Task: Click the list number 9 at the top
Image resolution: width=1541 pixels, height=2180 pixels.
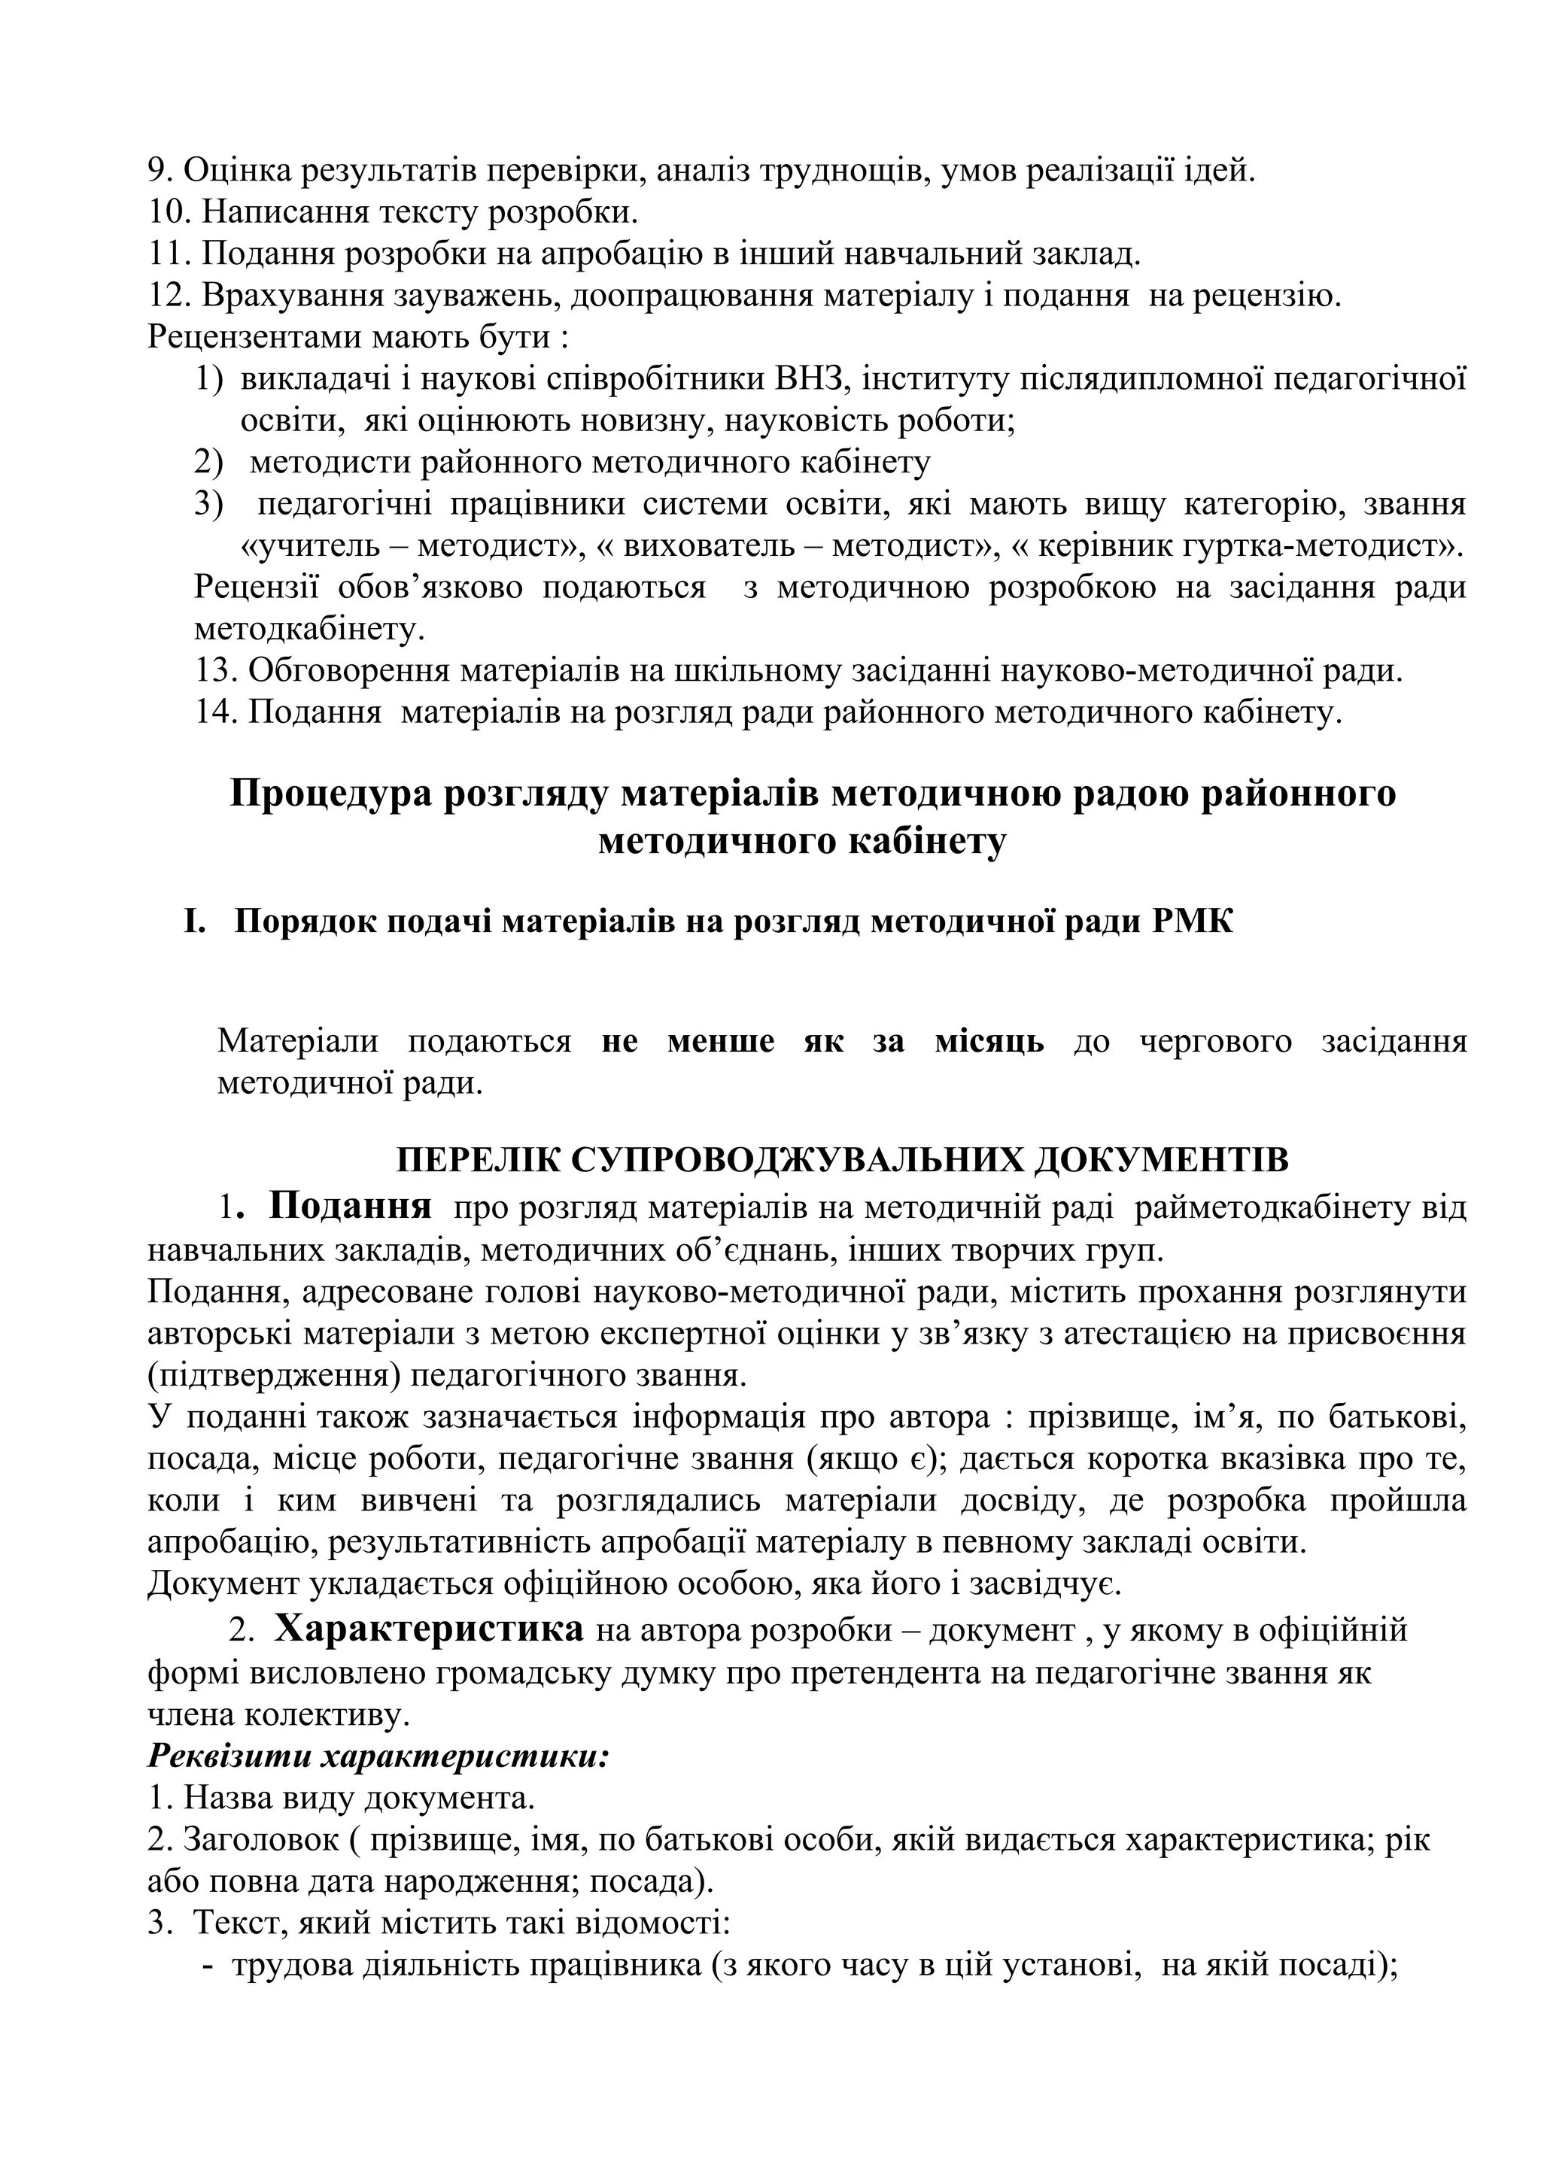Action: coord(157,171)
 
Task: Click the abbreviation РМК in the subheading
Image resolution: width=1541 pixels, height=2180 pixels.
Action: coord(1193,921)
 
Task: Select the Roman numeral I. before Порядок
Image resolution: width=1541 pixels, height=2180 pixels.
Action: coord(195,921)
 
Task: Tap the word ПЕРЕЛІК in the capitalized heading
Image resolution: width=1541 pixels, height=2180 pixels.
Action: coord(479,1160)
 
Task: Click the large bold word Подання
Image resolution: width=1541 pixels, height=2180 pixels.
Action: coord(351,1206)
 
